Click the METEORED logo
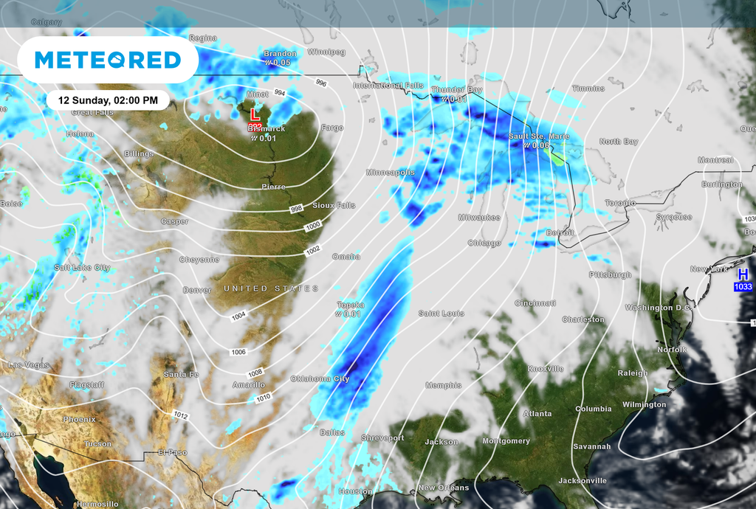(x=108, y=60)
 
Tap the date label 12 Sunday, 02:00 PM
(x=108, y=100)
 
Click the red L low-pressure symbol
(x=254, y=115)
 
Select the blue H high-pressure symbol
(x=743, y=274)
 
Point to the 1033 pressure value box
(x=743, y=286)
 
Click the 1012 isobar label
(x=181, y=416)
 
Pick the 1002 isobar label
(x=313, y=250)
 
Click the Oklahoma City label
(x=320, y=378)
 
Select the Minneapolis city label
(x=391, y=172)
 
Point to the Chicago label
(x=484, y=243)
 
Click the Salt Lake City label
(x=82, y=267)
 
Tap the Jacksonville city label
(x=583, y=480)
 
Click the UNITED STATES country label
(x=271, y=288)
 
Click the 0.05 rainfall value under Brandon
(x=278, y=63)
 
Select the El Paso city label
(x=173, y=452)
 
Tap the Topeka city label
(x=351, y=304)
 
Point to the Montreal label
(x=715, y=160)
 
